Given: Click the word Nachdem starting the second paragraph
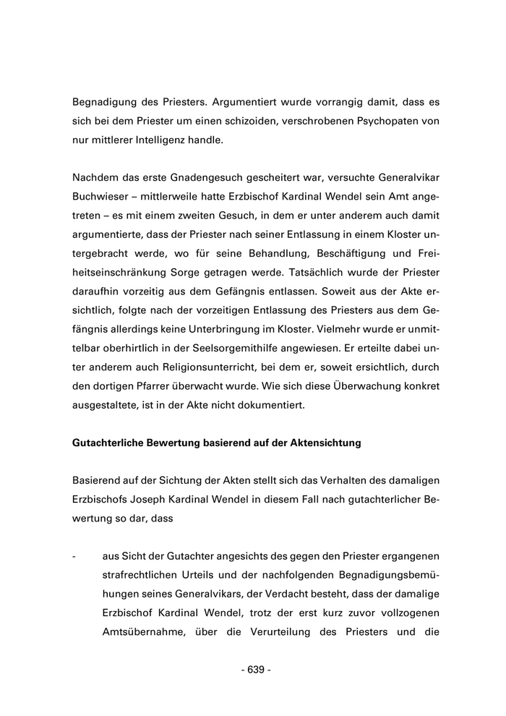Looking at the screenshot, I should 97,178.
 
